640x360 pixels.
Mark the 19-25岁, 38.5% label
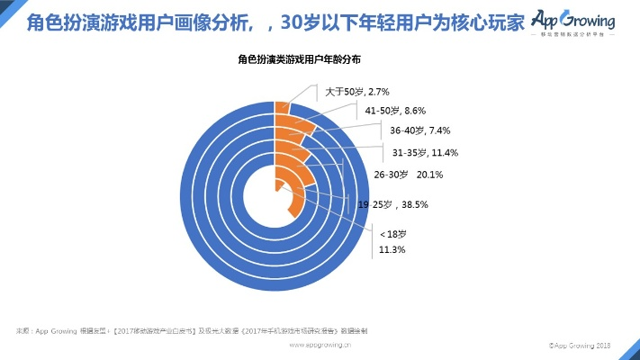[392, 205]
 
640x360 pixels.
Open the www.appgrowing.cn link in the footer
[320, 345]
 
